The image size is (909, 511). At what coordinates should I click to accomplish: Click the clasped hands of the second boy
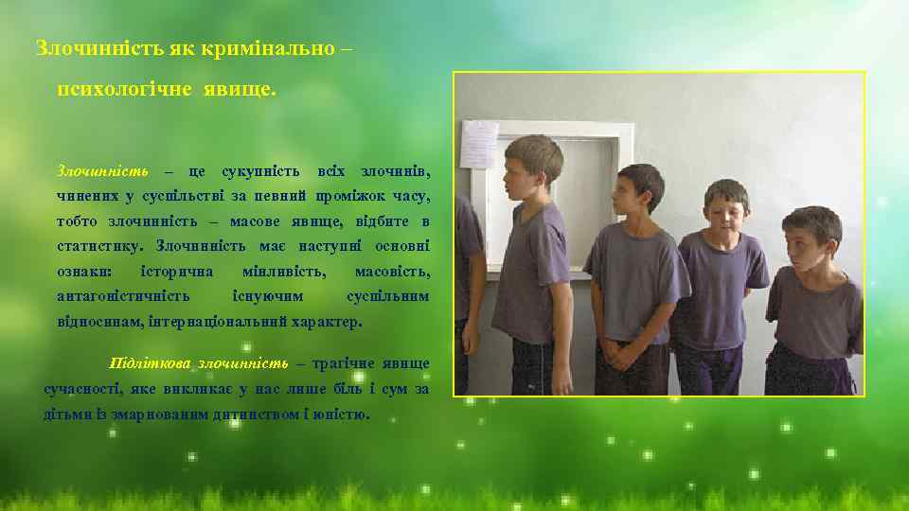621,355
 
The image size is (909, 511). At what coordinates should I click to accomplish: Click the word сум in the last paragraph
394,389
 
